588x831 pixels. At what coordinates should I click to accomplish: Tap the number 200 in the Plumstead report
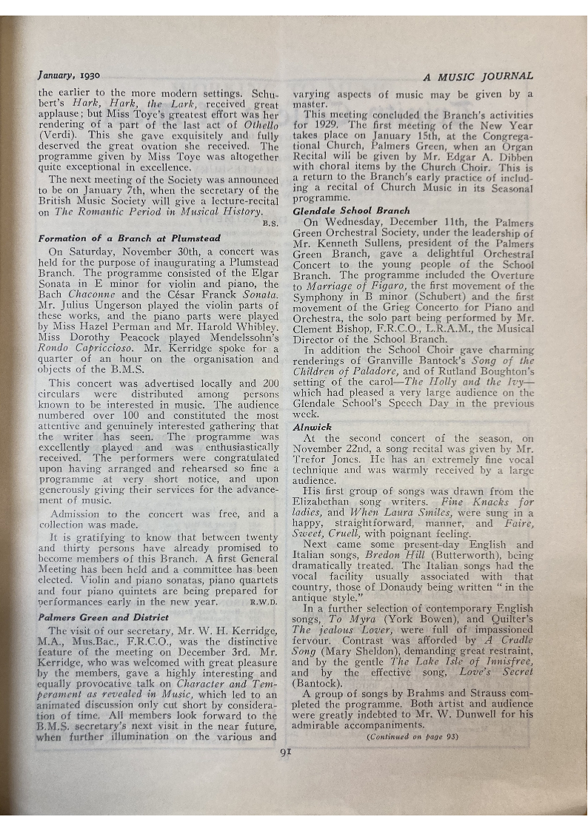click(270, 383)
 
